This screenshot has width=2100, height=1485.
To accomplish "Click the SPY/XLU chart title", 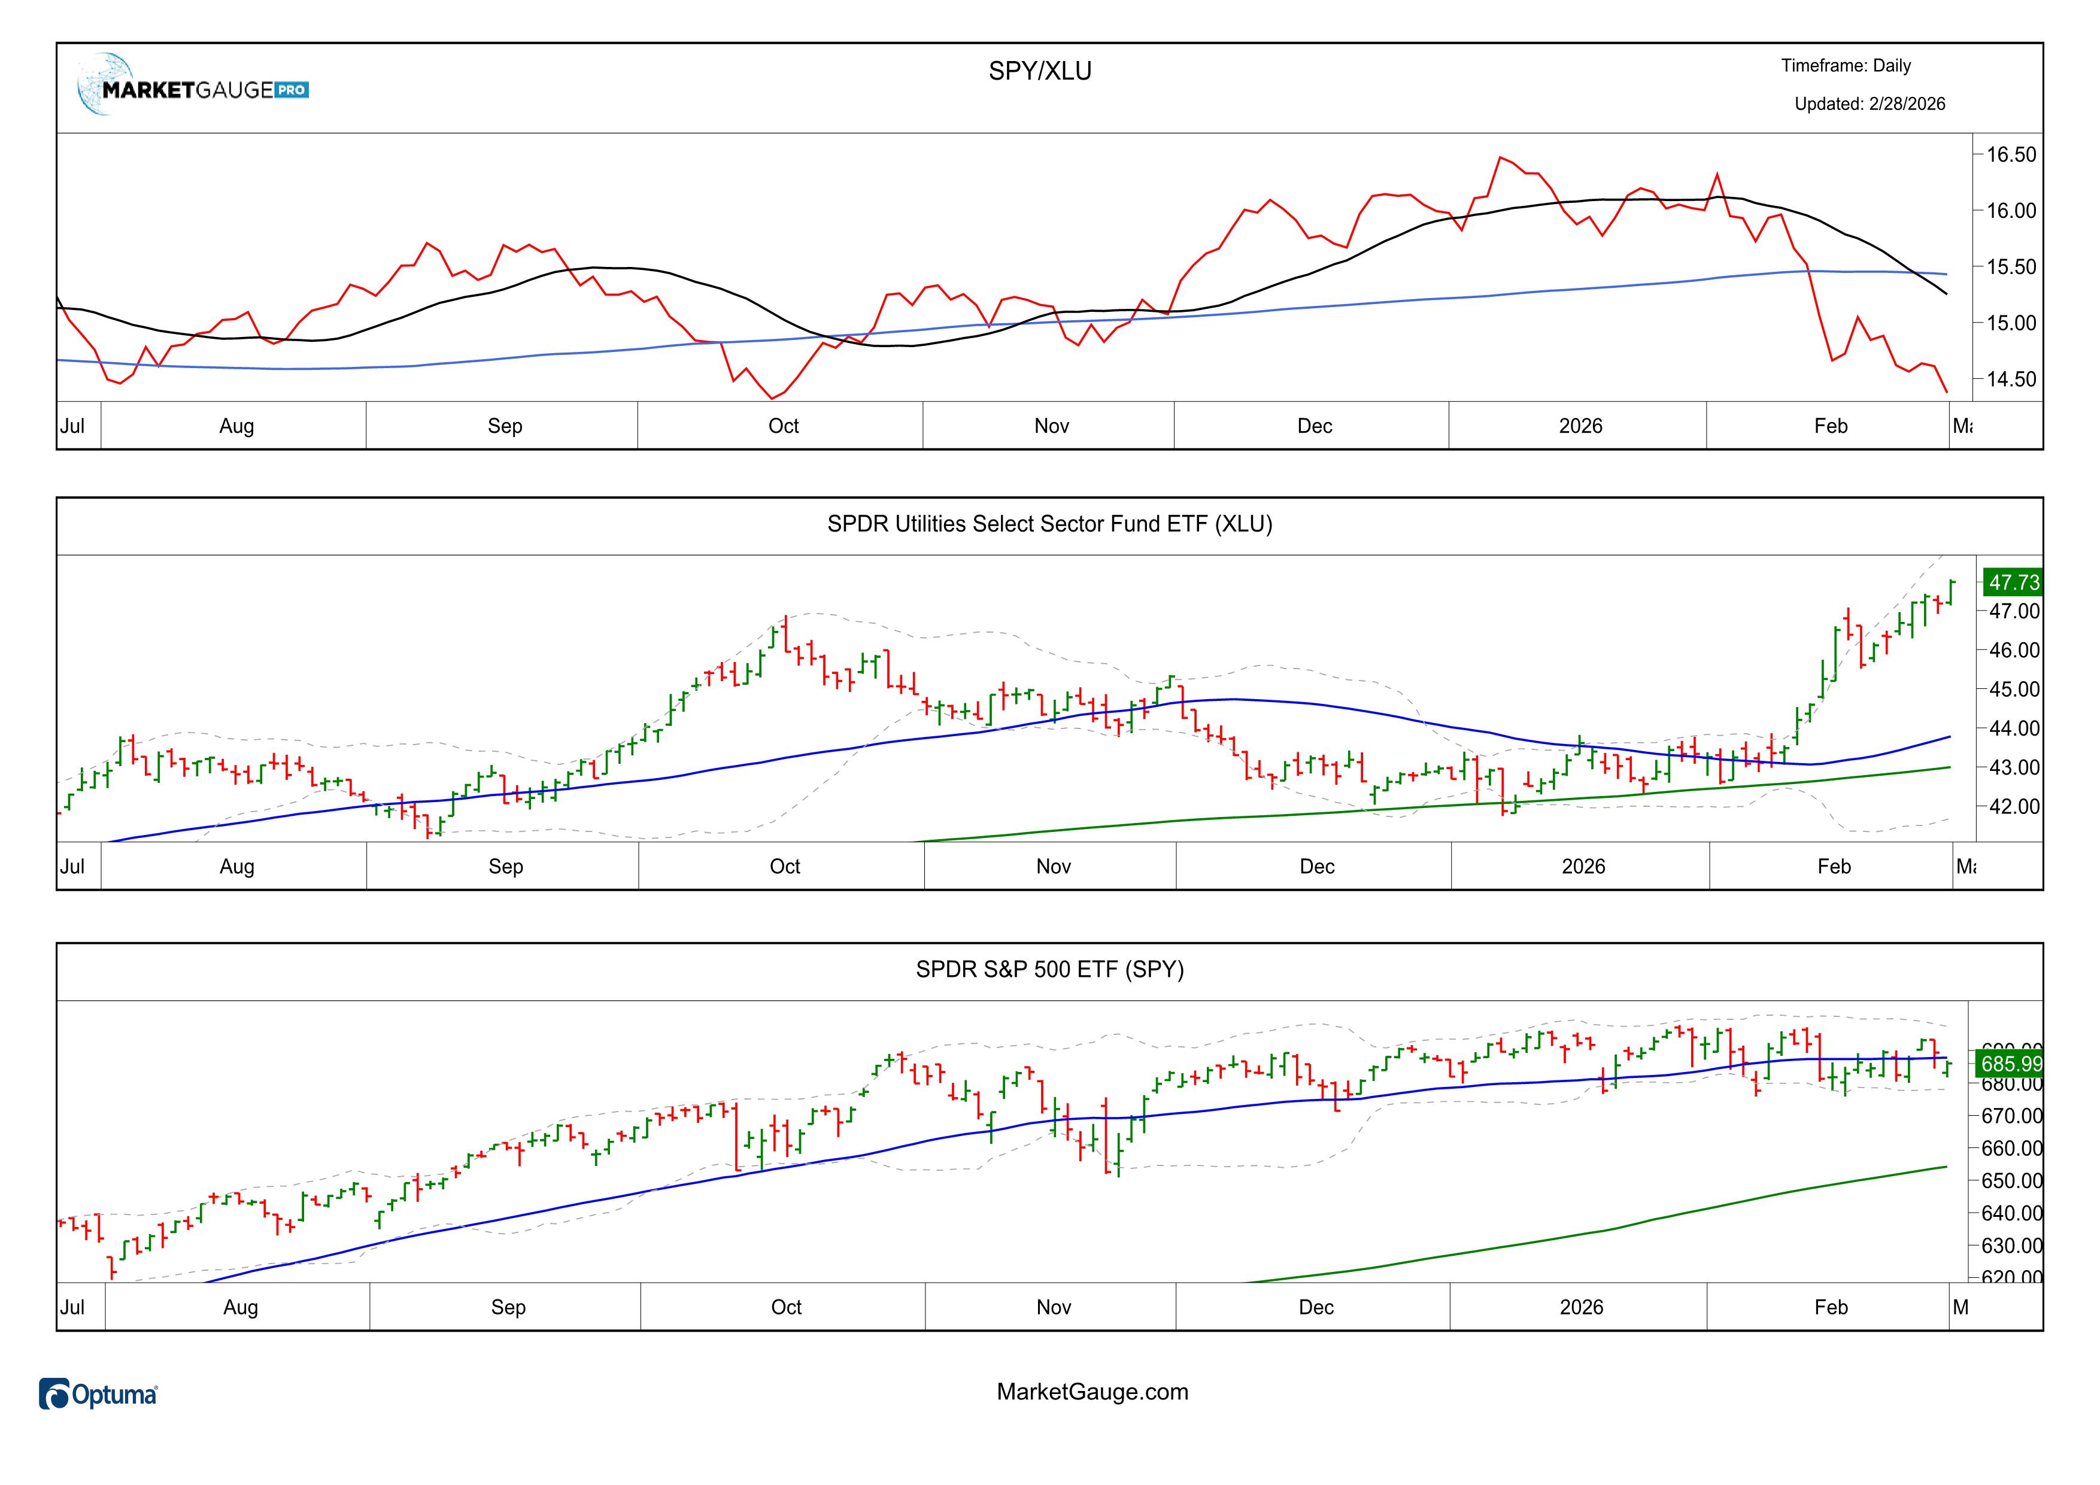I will pyautogui.click(x=1040, y=71).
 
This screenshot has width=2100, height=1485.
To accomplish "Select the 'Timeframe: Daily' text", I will pyautogui.click(x=1846, y=66).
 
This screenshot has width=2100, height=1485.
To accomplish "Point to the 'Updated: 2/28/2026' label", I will pyautogui.click(x=1870, y=104).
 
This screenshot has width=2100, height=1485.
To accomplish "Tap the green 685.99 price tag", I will pyautogui.click(x=2010, y=1064).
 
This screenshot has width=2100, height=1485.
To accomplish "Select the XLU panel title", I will pyautogui.click(x=1049, y=524).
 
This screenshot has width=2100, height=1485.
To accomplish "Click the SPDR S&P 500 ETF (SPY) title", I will pyautogui.click(x=1049, y=969).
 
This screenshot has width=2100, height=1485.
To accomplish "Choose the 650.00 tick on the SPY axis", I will pyautogui.click(x=2011, y=1180).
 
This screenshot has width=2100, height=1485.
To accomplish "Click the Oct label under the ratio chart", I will pyautogui.click(x=783, y=426).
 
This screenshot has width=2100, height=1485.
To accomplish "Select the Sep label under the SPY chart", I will pyautogui.click(x=508, y=1308).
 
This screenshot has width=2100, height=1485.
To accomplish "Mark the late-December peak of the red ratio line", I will pyautogui.click(x=1501, y=157).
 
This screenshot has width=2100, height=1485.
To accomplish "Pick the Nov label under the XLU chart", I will pyautogui.click(x=1053, y=867).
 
